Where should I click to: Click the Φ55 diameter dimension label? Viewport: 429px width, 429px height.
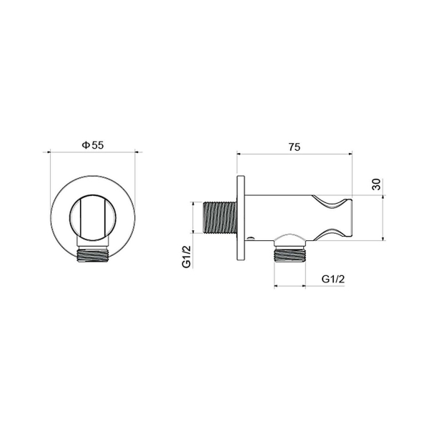tap(93, 145)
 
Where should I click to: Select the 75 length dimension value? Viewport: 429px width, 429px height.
tap(295, 147)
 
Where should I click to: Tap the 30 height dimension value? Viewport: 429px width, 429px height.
tap(377, 184)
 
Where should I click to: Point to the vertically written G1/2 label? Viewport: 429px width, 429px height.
tap(187, 257)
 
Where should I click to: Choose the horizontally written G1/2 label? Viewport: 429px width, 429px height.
tap(333, 279)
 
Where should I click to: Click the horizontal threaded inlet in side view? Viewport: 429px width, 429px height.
tap(220, 218)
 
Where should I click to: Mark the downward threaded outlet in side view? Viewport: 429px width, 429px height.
tap(290, 254)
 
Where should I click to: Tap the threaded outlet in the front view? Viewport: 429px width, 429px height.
tap(93, 255)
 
